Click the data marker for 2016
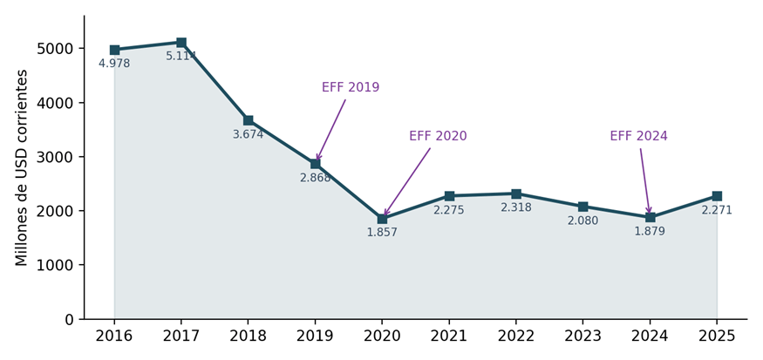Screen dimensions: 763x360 (x=114, y=50)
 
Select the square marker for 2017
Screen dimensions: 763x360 (x=181, y=43)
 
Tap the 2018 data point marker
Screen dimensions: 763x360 (x=249, y=120)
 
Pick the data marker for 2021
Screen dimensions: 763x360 (x=449, y=196)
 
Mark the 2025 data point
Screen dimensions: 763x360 (x=717, y=196)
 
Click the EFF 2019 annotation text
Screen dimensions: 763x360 (x=351, y=87)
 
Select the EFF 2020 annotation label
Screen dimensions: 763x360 (x=438, y=136)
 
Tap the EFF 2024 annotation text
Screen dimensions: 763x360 (x=639, y=136)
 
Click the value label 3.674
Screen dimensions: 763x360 (x=249, y=135)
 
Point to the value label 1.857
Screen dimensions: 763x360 (x=382, y=233)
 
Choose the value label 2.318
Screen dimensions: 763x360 (x=516, y=207)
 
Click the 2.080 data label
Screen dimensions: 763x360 (x=583, y=221)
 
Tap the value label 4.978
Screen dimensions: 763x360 (x=114, y=64)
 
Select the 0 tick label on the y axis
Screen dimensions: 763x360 (x=69, y=320)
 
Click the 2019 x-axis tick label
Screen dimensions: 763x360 (x=315, y=336)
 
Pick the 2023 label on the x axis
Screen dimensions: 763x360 (x=583, y=336)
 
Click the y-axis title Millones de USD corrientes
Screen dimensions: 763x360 (x=21, y=167)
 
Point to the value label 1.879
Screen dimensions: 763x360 (x=650, y=232)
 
